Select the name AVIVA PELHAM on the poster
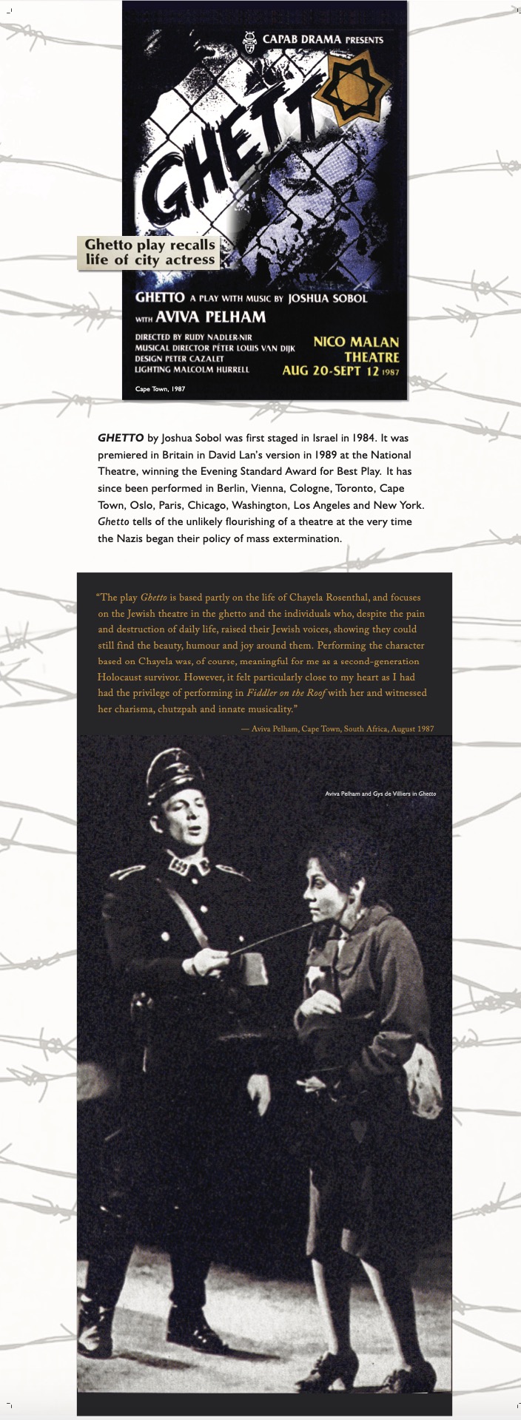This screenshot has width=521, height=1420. click(x=210, y=317)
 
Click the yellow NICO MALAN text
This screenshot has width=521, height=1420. click(x=356, y=342)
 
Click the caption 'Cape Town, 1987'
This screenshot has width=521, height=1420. click(x=160, y=388)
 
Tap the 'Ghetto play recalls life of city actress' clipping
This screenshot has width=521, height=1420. click(x=149, y=252)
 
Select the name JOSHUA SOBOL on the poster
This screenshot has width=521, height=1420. click(x=327, y=298)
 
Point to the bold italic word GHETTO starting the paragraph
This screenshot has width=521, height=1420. click(x=121, y=439)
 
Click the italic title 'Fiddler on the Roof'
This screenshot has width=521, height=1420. click(x=286, y=693)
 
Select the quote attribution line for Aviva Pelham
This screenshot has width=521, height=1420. click(x=337, y=728)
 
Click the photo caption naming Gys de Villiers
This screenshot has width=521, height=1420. click(x=380, y=794)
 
